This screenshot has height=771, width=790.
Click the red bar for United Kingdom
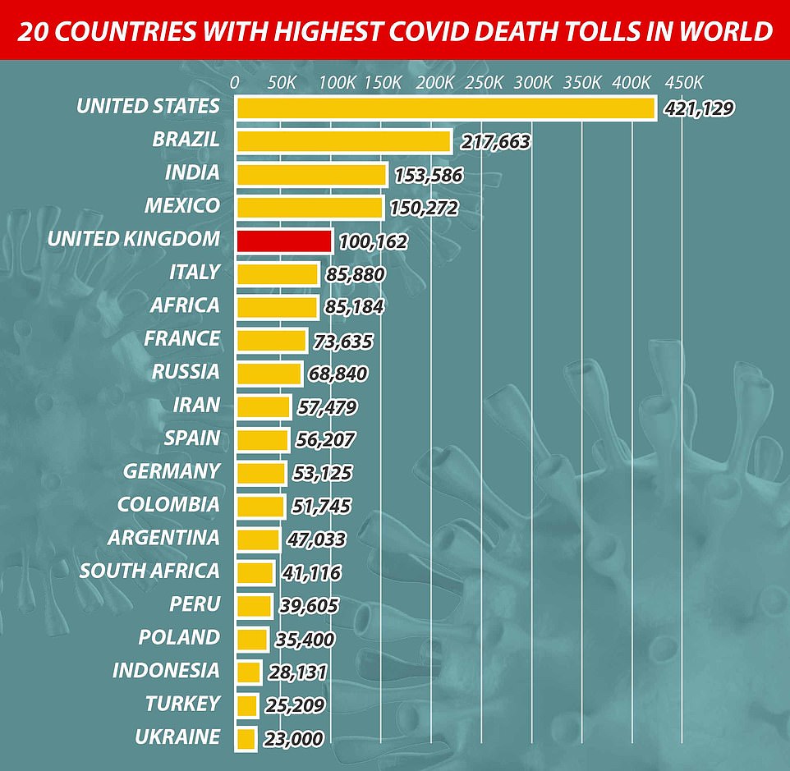point(284,241)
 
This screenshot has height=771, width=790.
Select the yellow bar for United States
point(446,108)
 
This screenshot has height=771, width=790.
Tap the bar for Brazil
point(344,141)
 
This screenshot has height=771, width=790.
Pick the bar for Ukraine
point(246,738)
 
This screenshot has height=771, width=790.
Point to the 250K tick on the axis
point(484,83)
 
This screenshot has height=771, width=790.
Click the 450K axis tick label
point(683,83)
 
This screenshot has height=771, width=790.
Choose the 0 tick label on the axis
point(235,83)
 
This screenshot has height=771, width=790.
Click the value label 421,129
point(700,108)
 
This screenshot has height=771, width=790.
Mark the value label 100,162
point(373,241)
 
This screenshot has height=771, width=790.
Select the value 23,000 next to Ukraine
point(294,739)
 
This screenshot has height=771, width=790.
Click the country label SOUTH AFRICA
point(149,571)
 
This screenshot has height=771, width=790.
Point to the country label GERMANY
point(172,471)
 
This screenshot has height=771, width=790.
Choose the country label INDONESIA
point(166,670)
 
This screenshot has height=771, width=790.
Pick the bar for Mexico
point(310,208)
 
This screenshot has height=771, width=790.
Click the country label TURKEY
point(182,704)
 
